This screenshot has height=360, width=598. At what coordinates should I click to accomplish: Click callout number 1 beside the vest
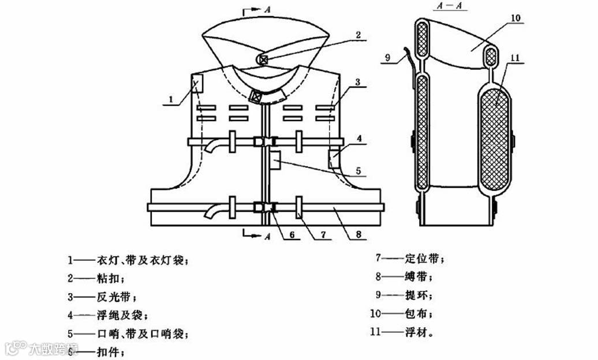pos(171,100)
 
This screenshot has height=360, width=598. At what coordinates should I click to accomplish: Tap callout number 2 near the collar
pos(358,35)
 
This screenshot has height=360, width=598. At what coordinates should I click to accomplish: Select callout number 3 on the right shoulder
pos(358,82)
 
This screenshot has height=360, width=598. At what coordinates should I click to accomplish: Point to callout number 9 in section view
pos(388,57)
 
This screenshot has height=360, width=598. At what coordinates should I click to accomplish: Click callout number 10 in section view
pos(515,18)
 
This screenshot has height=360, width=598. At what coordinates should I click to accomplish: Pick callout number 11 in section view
pos(515,58)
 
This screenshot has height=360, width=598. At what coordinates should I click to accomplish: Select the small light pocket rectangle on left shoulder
pos(197,84)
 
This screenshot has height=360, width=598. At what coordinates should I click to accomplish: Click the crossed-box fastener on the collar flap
pos(263,58)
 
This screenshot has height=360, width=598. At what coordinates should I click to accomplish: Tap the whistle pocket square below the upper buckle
pos(275,160)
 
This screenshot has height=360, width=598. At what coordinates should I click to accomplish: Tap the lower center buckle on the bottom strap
pos(266,207)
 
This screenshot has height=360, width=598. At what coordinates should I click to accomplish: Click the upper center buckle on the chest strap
pos(266,141)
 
